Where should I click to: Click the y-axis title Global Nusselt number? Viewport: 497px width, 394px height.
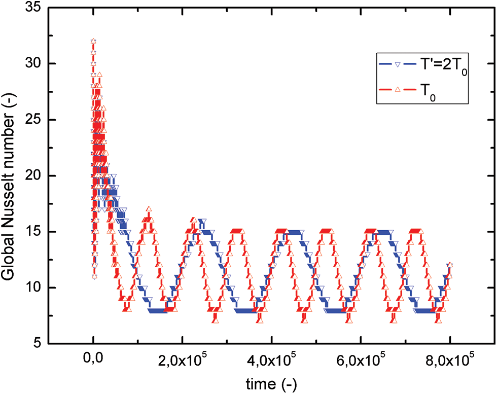[x=10, y=176]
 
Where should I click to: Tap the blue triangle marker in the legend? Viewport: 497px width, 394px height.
[x=398, y=65]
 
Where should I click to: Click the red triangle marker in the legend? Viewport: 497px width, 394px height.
[x=398, y=89]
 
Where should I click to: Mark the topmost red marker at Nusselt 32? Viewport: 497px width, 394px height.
[x=93, y=41]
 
